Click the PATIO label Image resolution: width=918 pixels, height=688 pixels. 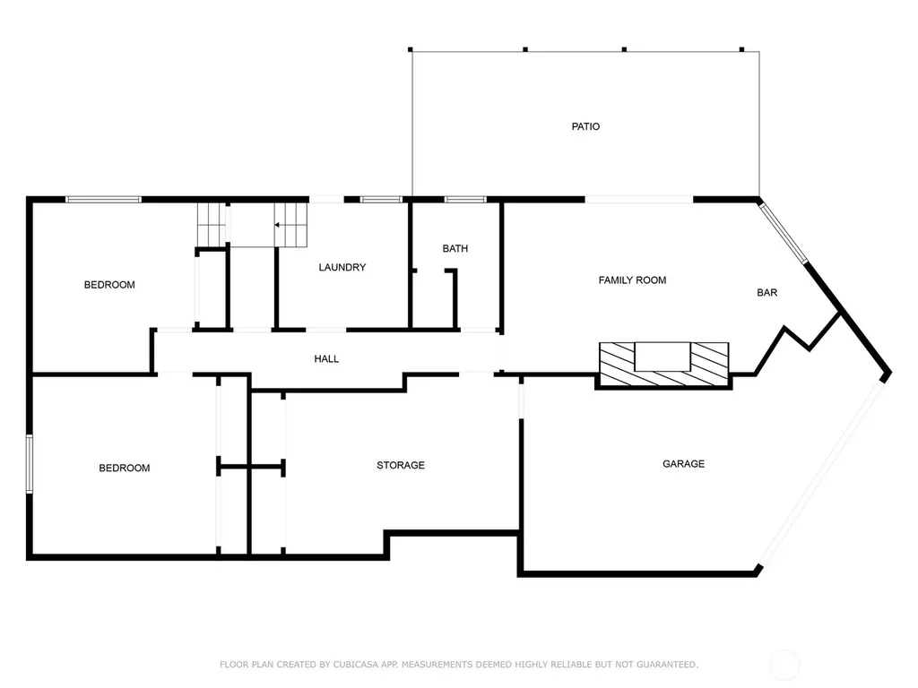pyautogui.click(x=585, y=126)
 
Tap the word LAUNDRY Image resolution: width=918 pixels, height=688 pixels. pyautogui.click(x=342, y=267)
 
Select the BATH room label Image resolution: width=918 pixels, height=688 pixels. pyautogui.click(x=455, y=249)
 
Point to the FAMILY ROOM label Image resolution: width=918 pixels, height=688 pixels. pyautogui.click(x=632, y=280)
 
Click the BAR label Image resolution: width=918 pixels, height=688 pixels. pyautogui.click(x=767, y=293)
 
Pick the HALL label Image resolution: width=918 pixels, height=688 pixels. pyautogui.click(x=326, y=358)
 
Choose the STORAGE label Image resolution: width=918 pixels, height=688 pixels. pyautogui.click(x=401, y=465)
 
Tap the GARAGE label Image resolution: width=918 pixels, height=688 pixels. pyautogui.click(x=683, y=464)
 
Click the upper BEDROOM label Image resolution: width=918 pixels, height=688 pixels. pyautogui.click(x=109, y=285)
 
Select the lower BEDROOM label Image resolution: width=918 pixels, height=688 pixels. pyautogui.click(x=124, y=468)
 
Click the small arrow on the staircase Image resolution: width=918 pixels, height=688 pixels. pyautogui.click(x=276, y=225)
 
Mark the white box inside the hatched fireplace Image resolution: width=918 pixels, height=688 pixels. pyautogui.click(x=663, y=357)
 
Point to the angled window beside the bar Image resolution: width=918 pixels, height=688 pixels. pyautogui.click(x=784, y=232)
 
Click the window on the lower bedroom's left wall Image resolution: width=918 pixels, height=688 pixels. pyautogui.click(x=30, y=464)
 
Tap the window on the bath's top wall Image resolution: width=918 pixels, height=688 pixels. pyautogui.click(x=465, y=200)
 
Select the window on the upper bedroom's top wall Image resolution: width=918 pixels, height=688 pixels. pyautogui.click(x=104, y=200)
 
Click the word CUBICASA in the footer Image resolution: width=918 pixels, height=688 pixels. pyautogui.click(x=355, y=665)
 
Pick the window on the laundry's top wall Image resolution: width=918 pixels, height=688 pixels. pyautogui.click(x=381, y=200)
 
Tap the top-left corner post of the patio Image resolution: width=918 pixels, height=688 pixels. pyautogui.click(x=411, y=50)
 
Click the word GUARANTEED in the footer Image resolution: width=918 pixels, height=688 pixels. pyautogui.click(x=667, y=665)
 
